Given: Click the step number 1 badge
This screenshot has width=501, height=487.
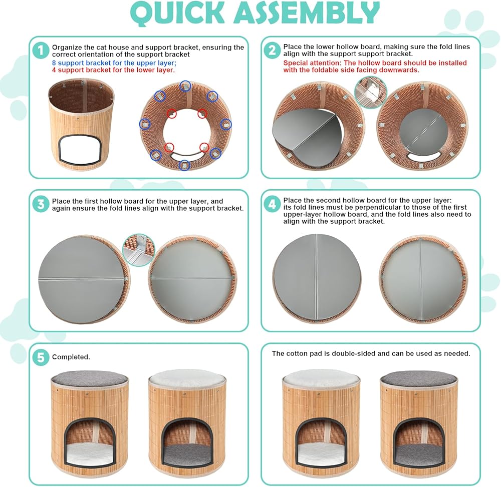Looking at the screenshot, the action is click(41, 51).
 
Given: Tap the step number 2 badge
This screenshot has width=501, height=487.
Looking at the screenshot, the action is click(272, 50).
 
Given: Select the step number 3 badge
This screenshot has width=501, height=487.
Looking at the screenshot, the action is click(41, 204).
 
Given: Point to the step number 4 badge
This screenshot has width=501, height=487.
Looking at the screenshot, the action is click(272, 204).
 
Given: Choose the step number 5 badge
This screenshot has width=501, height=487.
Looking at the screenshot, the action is click(41, 357).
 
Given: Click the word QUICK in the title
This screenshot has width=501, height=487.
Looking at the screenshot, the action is click(178, 13).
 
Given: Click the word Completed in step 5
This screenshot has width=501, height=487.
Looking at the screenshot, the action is click(71, 357).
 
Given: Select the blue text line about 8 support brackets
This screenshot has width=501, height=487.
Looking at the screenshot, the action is click(114, 63).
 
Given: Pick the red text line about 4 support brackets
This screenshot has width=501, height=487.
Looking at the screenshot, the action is click(113, 70).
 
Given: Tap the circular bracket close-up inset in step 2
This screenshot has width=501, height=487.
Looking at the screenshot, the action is click(371, 92).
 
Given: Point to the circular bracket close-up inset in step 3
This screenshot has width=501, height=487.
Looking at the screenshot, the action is click(139, 250).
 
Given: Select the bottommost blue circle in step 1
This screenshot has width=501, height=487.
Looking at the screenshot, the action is click(184, 165).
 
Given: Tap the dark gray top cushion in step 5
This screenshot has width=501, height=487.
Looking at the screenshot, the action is click(90, 379).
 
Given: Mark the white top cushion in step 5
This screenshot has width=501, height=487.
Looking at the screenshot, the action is click(187, 379).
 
